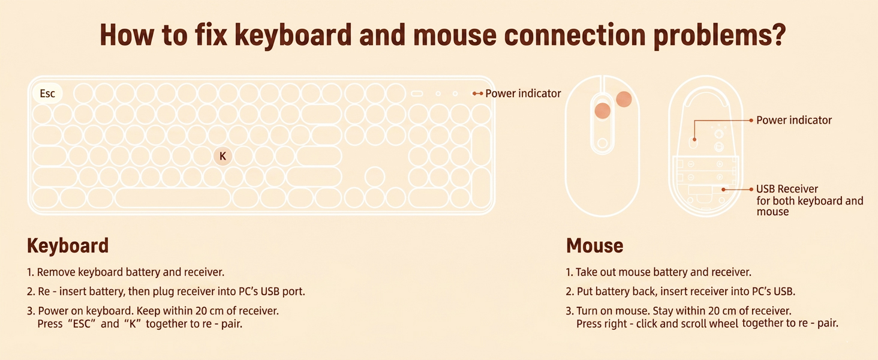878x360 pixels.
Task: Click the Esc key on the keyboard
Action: pyautogui.click(x=47, y=94)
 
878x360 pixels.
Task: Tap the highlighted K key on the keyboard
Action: pyautogui.click(x=222, y=157)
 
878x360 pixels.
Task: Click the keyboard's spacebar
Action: pyautogui.click(x=173, y=197)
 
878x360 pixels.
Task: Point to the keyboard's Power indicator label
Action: pyautogui.click(x=523, y=94)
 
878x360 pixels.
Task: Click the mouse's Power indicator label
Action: pyautogui.click(x=793, y=121)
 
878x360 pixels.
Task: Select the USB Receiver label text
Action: pyautogui.click(x=787, y=190)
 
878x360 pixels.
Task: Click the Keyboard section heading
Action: pyautogui.click(x=68, y=246)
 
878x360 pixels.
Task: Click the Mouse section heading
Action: pyautogui.click(x=594, y=246)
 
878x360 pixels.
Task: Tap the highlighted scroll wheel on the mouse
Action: pyautogui.click(x=602, y=110)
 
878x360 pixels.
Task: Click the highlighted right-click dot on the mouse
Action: pyautogui.click(x=624, y=100)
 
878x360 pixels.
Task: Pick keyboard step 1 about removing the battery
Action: pyautogui.click(x=125, y=272)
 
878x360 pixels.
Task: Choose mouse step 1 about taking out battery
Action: pyautogui.click(x=658, y=272)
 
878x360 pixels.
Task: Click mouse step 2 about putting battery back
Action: pyautogui.click(x=680, y=292)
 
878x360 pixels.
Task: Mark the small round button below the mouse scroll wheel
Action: pyautogui.click(x=602, y=143)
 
